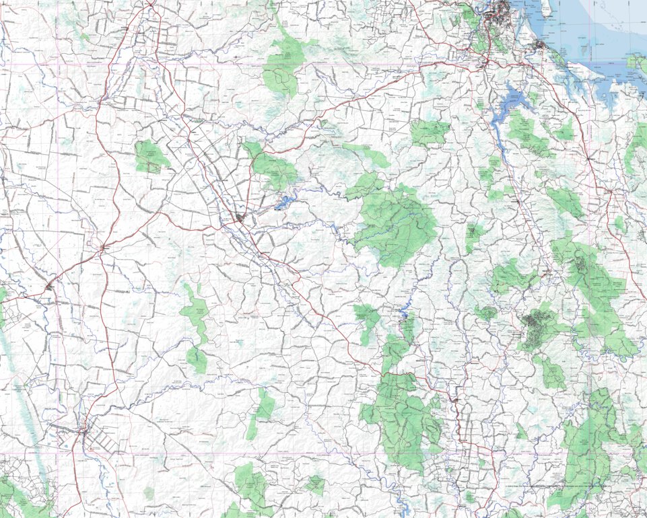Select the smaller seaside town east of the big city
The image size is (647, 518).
(x=540, y=45)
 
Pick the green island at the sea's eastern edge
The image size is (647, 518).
(x=637, y=63)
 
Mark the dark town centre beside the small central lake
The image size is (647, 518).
(x=240, y=217)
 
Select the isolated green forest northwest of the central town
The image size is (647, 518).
(x=151, y=156)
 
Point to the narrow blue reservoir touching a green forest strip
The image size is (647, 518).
(x=404, y=313)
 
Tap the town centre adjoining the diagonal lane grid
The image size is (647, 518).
(x=83, y=431)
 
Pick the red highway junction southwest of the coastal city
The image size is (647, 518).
(x=486, y=63)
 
